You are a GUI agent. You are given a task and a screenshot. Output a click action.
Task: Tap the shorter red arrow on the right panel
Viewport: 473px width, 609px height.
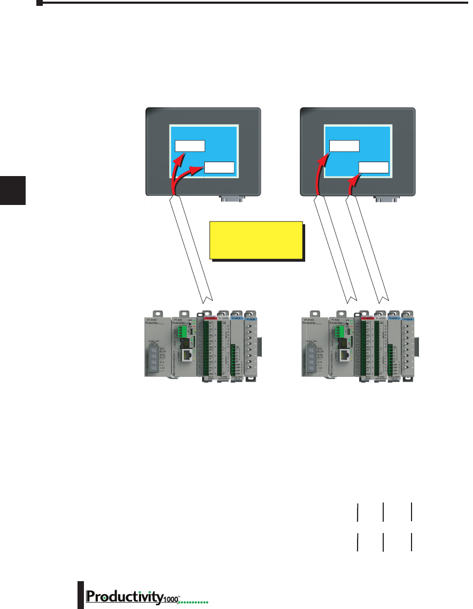(352, 186)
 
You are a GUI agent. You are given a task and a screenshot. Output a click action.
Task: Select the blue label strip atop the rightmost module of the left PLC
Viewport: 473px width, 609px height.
(251, 318)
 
